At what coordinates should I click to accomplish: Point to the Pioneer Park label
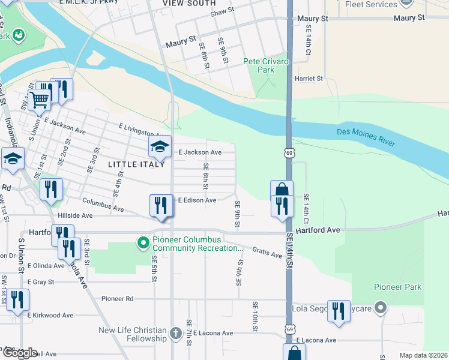click(397, 287)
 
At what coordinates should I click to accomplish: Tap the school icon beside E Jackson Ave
click(160, 146)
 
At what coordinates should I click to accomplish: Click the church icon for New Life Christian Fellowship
click(175, 333)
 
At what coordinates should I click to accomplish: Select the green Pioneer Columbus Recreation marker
click(143, 243)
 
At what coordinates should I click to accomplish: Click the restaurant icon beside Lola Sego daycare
click(339, 311)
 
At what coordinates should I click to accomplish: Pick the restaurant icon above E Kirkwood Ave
click(17, 300)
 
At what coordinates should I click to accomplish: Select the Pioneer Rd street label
click(117, 298)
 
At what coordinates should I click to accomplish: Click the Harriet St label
click(308, 79)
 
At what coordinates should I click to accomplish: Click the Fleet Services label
click(372, 5)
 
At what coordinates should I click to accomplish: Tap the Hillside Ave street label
click(75, 215)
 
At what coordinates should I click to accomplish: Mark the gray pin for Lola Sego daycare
click(380, 309)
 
